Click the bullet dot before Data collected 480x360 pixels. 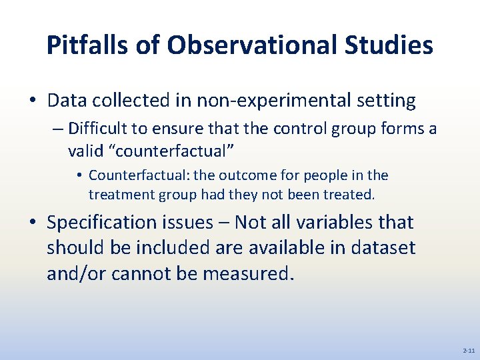(32, 101)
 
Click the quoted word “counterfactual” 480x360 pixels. (175, 151)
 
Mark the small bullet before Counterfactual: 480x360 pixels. (79, 176)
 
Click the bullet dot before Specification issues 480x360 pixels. (32, 223)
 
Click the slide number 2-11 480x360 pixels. (468, 350)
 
